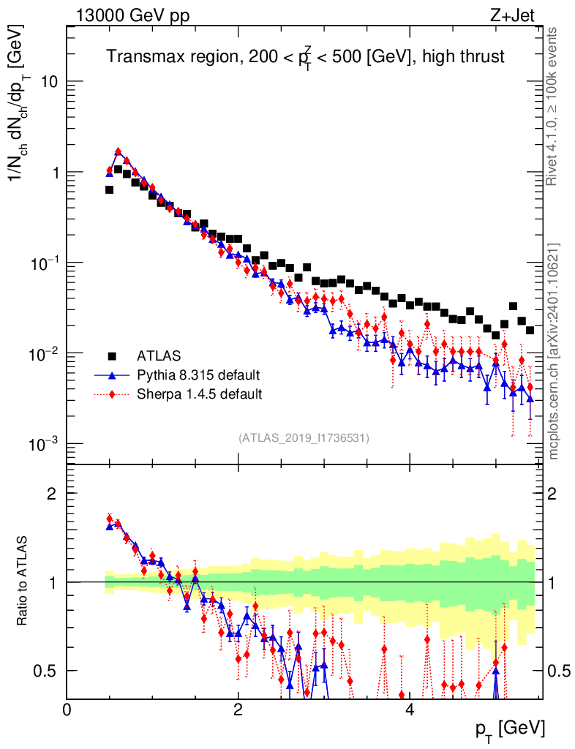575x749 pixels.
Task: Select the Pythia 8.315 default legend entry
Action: pos(198,375)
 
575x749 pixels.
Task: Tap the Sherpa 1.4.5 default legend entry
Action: pos(200,394)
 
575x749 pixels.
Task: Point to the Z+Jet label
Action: pos(520,16)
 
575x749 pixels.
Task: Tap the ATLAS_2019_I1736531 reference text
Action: pos(304,438)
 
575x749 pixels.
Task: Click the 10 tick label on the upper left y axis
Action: pos(48,82)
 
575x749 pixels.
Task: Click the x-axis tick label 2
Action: pos(238,710)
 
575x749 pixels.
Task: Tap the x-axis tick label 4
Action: pos(410,710)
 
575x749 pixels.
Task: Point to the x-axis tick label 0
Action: pos(67,710)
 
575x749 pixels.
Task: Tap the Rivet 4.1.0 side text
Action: pos(553,106)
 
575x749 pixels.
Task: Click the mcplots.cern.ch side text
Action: pos(554,351)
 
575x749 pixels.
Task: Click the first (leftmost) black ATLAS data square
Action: pos(109,189)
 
